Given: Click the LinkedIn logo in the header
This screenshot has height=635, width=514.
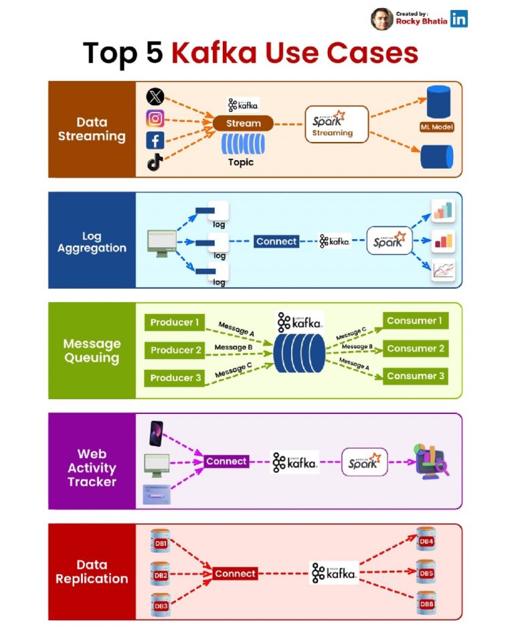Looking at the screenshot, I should (458, 19).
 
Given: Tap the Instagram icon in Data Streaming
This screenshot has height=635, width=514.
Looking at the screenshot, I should (155, 119).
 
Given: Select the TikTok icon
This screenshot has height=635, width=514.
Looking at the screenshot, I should (155, 162).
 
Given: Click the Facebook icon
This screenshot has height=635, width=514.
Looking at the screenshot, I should (155, 141).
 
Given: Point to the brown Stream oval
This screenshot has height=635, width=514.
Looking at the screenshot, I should (244, 123).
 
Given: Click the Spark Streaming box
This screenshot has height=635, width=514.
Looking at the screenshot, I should (337, 124).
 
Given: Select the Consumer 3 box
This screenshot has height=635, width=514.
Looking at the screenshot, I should (415, 376).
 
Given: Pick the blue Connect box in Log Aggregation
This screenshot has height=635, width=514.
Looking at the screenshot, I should (276, 242).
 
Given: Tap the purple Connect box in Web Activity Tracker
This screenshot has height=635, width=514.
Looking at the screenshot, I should (227, 462).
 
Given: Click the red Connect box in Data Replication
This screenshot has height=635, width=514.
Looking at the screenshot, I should (235, 574).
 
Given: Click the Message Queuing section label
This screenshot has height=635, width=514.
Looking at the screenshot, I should (92, 351).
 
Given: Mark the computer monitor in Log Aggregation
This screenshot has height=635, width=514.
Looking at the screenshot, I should (162, 243).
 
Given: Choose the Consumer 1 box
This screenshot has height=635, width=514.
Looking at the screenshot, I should (415, 321).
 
